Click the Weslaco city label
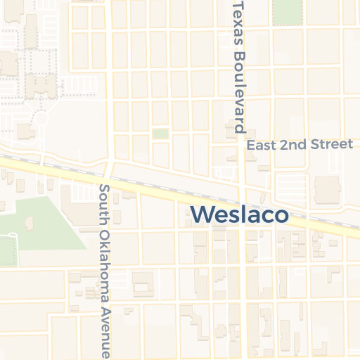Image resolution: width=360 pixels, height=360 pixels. click(240, 214)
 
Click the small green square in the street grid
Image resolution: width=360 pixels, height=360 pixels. click(160, 133)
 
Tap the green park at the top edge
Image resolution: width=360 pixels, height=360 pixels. click(285, 12)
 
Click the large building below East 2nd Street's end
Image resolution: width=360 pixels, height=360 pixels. click(327, 188)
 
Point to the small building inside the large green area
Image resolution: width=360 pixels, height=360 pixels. click(29, 223)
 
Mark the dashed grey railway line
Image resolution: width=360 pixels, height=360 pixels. click(176, 181)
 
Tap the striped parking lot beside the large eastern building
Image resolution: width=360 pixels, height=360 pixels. click(290, 186)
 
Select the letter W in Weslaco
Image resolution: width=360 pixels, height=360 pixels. click(202, 214)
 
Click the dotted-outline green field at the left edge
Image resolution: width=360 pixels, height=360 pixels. click(7, 250)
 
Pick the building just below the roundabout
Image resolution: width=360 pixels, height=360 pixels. click(25, 131)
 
